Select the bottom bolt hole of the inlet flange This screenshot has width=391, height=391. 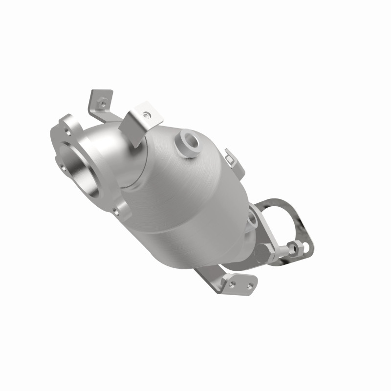click(x=116, y=211)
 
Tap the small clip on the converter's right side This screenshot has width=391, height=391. click(x=230, y=156)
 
